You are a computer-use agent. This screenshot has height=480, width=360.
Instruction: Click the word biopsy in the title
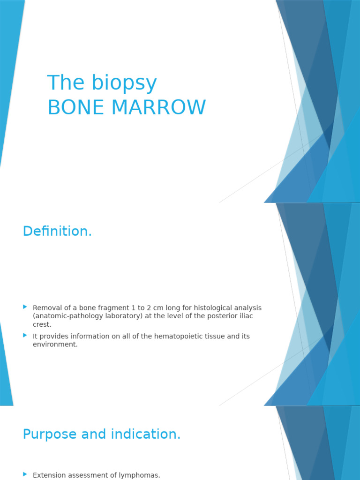(x=124, y=83)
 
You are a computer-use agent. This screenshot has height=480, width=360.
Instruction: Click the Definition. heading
(x=57, y=231)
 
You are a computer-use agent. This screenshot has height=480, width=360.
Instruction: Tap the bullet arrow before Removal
(x=25, y=307)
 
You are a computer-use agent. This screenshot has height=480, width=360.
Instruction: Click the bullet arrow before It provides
(x=25, y=335)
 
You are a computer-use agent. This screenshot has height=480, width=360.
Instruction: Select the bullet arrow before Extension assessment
(x=25, y=474)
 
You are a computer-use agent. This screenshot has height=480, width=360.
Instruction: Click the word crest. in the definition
(x=42, y=324)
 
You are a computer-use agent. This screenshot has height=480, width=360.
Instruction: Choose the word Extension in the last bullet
(x=49, y=475)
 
